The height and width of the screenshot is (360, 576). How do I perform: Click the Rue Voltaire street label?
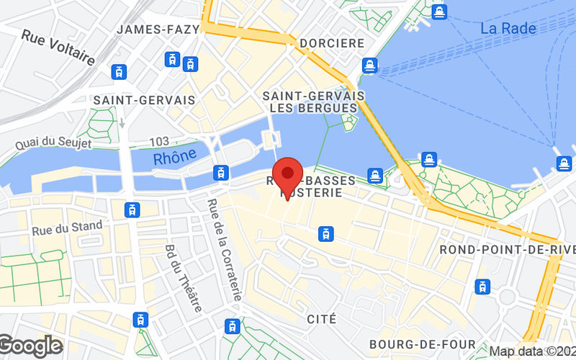[58, 48]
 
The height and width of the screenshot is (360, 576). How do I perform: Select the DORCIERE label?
[332, 42]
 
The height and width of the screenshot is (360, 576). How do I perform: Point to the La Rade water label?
[508, 29]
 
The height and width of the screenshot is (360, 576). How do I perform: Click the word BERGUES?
[331, 108]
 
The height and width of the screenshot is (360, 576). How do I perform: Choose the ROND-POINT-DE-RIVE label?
[508, 249]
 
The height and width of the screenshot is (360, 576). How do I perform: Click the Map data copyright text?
[532, 351]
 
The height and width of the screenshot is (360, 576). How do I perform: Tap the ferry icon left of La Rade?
[439, 12]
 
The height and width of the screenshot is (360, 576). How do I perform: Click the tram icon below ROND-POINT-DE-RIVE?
[482, 286]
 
